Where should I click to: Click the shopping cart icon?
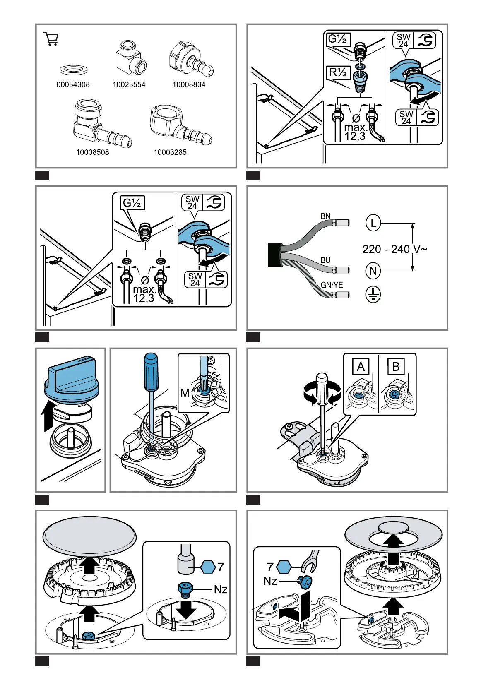click(51, 39)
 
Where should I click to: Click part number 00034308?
click(73, 84)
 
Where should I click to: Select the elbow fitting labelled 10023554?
click(130, 58)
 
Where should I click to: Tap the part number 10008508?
click(92, 152)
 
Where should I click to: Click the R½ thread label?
click(338, 73)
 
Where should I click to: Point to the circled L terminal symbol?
click(373, 223)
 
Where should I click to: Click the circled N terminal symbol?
click(373, 271)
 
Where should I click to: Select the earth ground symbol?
click(373, 295)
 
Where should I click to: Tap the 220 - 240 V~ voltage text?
click(394, 249)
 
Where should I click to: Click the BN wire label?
click(326, 216)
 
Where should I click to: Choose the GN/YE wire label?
click(332, 285)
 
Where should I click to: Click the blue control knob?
click(72, 377)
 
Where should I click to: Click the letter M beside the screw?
click(185, 393)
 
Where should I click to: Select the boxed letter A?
click(361, 367)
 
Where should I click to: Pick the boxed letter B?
click(396, 367)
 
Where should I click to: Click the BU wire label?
click(326, 260)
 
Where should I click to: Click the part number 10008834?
click(189, 84)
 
